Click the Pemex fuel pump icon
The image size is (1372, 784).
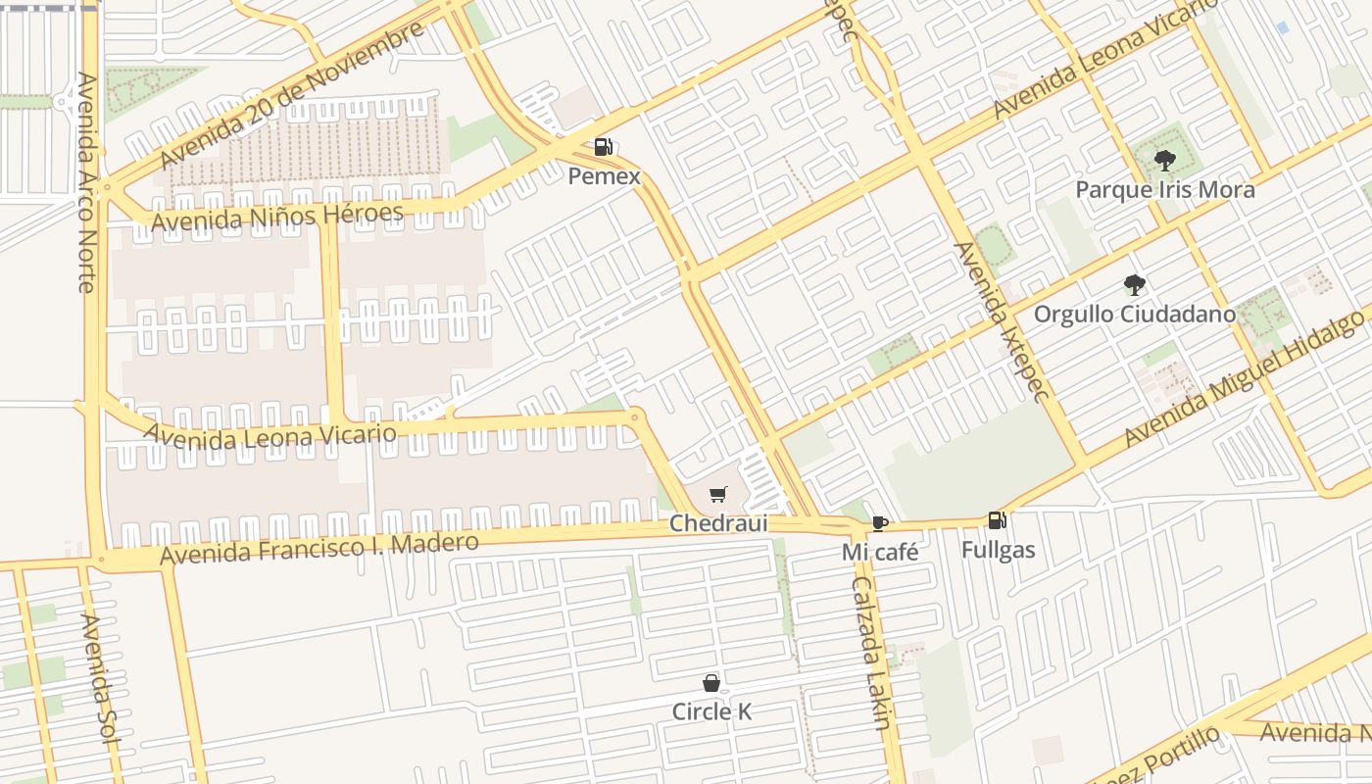pyautogui.click(x=603, y=147)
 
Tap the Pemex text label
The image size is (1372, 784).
pyautogui.click(x=604, y=176)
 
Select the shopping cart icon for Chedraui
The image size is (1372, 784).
pyautogui.click(x=718, y=495)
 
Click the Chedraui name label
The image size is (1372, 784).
pyautogui.click(x=718, y=524)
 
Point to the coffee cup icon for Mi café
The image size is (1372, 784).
pyautogui.click(x=879, y=523)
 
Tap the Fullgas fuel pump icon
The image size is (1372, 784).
pyautogui.click(x=997, y=520)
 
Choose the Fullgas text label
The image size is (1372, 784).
pyautogui.click(x=998, y=550)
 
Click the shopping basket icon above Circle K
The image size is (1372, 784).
pyautogui.click(x=711, y=683)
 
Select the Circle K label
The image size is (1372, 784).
pyautogui.click(x=711, y=711)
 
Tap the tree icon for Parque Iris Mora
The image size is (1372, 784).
pyautogui.click(x=1164, y=161)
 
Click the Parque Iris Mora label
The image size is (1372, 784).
pyautogui.click(x=1164, y=189)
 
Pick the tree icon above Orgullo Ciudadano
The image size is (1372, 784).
pyautogui.click(x=1134, y=285)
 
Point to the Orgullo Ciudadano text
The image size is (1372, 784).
pyautogui.click(x=1134, y=315)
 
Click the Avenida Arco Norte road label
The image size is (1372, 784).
pyautogui.click(x=86, y=182)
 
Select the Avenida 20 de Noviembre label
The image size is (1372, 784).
pyautogui.click(x=291, y=94)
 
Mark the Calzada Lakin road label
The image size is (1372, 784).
pyautogui.click(x=870, y=653)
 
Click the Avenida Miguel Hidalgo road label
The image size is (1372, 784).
pyautogui.click(x=1245, y=378)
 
